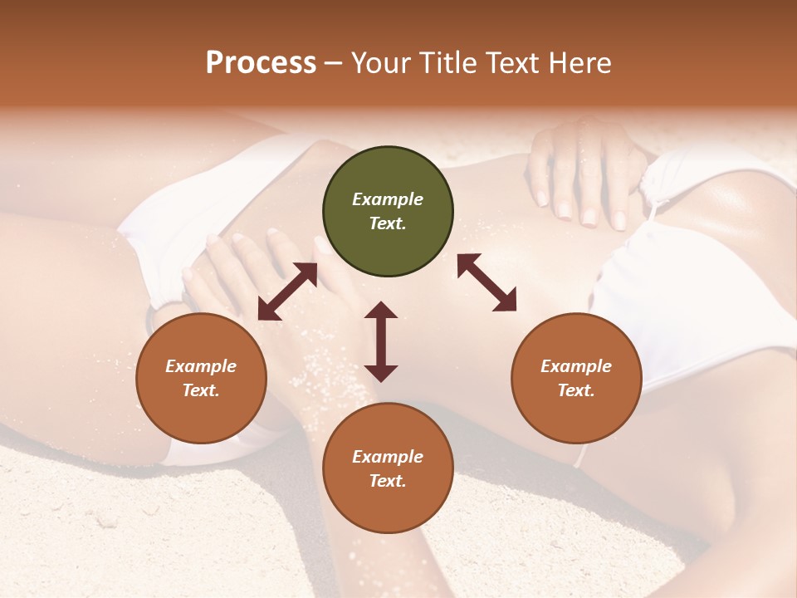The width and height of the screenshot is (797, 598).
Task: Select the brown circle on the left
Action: pyautogui.click(x=201, y=378)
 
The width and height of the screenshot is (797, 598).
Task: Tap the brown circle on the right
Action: pyautogui.click(x=576, y=378)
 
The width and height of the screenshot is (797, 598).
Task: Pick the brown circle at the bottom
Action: pyautogui.click(x=388, y=468)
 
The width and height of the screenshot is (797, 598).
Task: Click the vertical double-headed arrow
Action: pyautogui.click(x=381, y=341)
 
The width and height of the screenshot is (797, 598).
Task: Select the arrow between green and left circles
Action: pyautogui.click(x=287, y=292)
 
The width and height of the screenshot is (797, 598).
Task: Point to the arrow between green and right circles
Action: pyautogui.click(x=487, y=282)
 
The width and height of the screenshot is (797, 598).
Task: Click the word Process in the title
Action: pyautogui.click(x=261, y=63)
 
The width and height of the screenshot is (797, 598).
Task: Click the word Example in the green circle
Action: pyautogui.click(x=388, y=199)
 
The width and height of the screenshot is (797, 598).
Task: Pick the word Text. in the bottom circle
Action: pyautogui.click(x=388, y=481)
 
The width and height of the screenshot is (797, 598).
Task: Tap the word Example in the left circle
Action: pyautogui.click(x=201, y=366)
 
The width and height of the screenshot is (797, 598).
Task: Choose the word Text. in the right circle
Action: pyautogui.click(x=576, y=390)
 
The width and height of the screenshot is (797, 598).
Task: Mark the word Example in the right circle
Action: pyautogui.click(x=576, y=366)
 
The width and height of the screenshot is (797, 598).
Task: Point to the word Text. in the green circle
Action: pyautogui.click(x=388, y=223)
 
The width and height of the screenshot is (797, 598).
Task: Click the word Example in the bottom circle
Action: pyautogui.click(x=388, y=457)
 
